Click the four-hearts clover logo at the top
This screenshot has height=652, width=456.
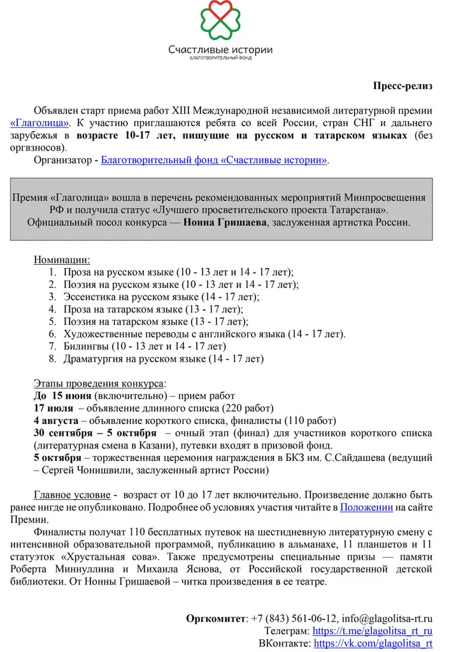click(220, 22)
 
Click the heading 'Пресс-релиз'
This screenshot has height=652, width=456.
click(403, 85)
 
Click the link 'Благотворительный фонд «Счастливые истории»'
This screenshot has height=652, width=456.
click(215, 160)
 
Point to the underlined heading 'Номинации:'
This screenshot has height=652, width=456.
click(62, 260)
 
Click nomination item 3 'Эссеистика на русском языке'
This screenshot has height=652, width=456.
click(162, 296)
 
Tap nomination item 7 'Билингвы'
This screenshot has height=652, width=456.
click(145, 346)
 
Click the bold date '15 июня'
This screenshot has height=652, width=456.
click(73, 395)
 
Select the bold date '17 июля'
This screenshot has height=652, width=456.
click(53, 408)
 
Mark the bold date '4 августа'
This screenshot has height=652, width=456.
click(56, 420)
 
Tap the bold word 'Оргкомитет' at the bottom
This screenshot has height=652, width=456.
click(216, 618)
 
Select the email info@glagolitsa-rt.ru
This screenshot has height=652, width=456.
click(387, 618)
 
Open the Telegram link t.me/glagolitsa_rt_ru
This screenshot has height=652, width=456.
click(373, 631)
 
